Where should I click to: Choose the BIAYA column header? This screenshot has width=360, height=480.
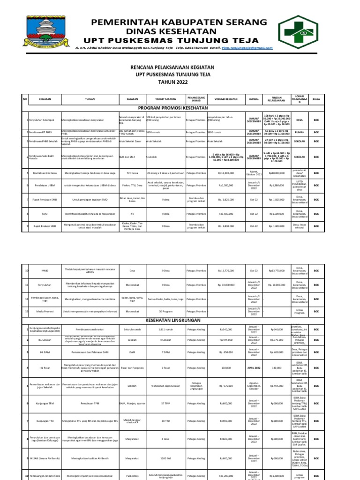[x=316, y=99]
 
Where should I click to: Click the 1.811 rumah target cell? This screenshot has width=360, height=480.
[x=166, y=330]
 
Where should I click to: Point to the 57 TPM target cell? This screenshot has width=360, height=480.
[x=166, y=403]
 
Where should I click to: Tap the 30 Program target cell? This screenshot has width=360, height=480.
[x=166, y=311]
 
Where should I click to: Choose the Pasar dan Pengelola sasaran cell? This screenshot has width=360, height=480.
[x=132, y=368]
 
